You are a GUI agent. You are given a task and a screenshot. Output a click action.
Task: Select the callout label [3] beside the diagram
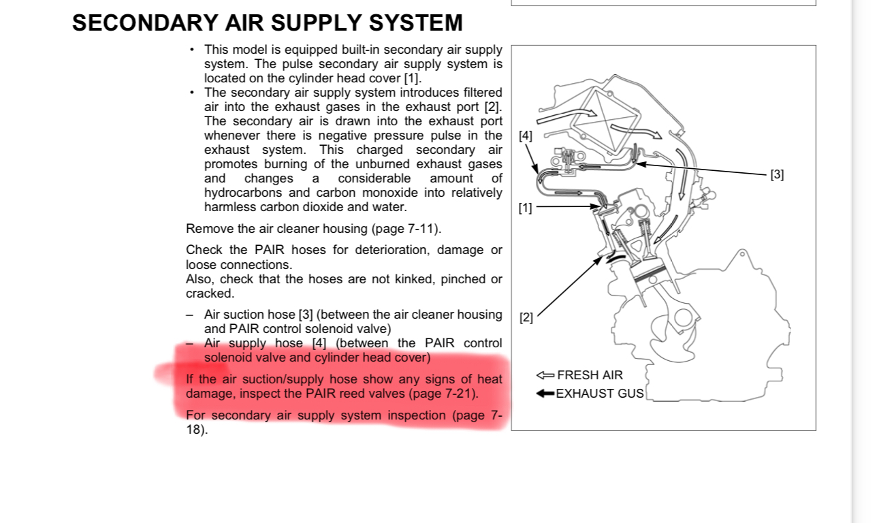click(777, 174)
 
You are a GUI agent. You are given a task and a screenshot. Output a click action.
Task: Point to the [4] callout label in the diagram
click(526, 136)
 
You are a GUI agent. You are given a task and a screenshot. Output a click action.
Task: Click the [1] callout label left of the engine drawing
click(525, 208)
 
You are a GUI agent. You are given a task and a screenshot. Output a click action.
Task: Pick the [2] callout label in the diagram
click(526, 317)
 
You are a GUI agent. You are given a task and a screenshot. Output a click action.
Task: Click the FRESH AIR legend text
click(590, 375)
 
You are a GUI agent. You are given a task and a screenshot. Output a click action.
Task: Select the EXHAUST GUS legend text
click(599, 394)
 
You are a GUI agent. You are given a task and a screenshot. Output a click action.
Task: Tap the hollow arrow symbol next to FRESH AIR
click(545, 375)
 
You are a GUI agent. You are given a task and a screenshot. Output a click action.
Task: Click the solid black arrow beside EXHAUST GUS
click(545, 394)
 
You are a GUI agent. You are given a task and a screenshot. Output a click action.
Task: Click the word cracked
click(209, 294)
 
